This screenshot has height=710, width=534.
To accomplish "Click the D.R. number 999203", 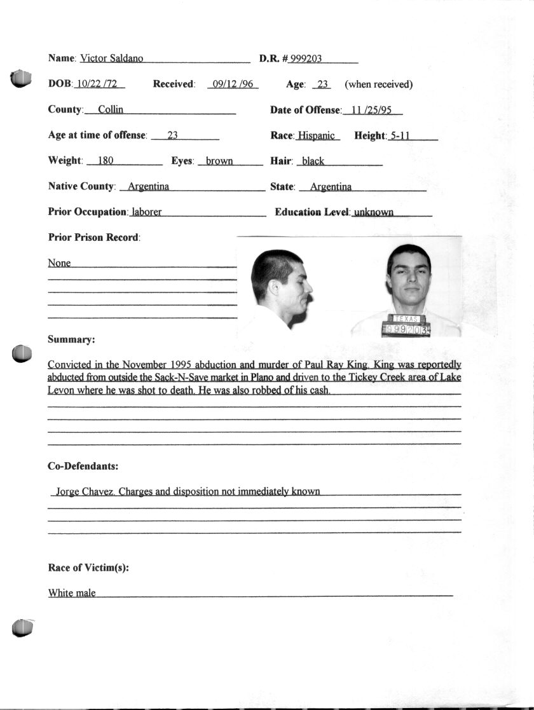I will [x=306, y=58].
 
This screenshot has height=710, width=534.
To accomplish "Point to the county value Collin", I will [x=111, y=109].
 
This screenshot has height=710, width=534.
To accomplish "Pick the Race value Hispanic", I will [x=316, y=135].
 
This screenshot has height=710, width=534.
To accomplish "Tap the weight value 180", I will [x=106, y=161].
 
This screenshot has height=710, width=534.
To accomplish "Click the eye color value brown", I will [x=219, y=161].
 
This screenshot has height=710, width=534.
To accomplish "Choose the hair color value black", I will [x=313, y=161].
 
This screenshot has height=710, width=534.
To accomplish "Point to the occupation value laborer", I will [x=146, y=212].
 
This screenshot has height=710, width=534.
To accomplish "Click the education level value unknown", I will [x=373, y=212].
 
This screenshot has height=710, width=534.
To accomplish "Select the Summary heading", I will [x=71, y=339].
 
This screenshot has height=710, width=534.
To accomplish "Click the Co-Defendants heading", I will [x=83, y=466].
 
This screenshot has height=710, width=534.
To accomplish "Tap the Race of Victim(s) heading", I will [x=88, y=568].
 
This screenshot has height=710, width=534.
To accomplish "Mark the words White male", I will [x=72, y=593].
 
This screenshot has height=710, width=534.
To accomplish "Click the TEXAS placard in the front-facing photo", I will [x=406, y=318].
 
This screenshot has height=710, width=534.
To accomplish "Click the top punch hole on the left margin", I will [x=21, y=78].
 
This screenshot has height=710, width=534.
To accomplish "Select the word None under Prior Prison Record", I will [x=60, y=263].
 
